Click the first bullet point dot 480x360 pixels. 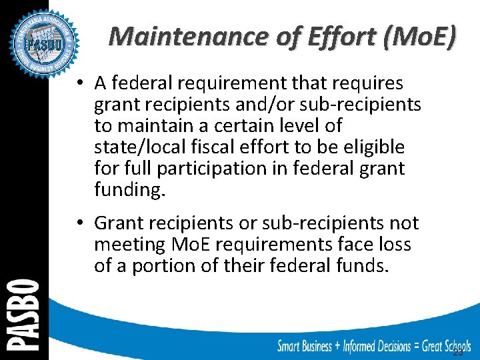point(79,83)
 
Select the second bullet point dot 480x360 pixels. point(79,223)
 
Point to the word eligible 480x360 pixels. point(373,147)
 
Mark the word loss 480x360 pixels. point(395,244)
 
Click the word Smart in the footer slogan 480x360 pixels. point(294,345)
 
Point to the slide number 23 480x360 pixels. point(458,351)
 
